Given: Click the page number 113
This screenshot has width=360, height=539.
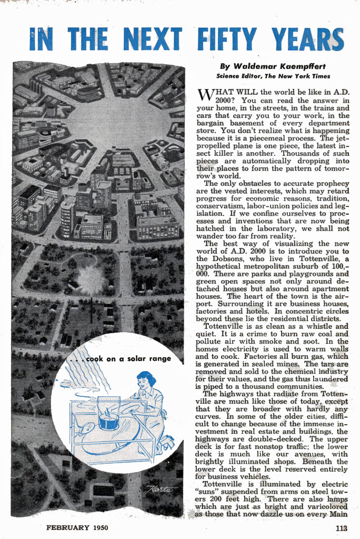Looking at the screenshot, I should (x=342, y=527).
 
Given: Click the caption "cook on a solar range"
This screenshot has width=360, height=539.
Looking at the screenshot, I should (x=128, y=358).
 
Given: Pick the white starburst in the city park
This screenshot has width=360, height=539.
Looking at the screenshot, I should (x=91, y=279).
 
